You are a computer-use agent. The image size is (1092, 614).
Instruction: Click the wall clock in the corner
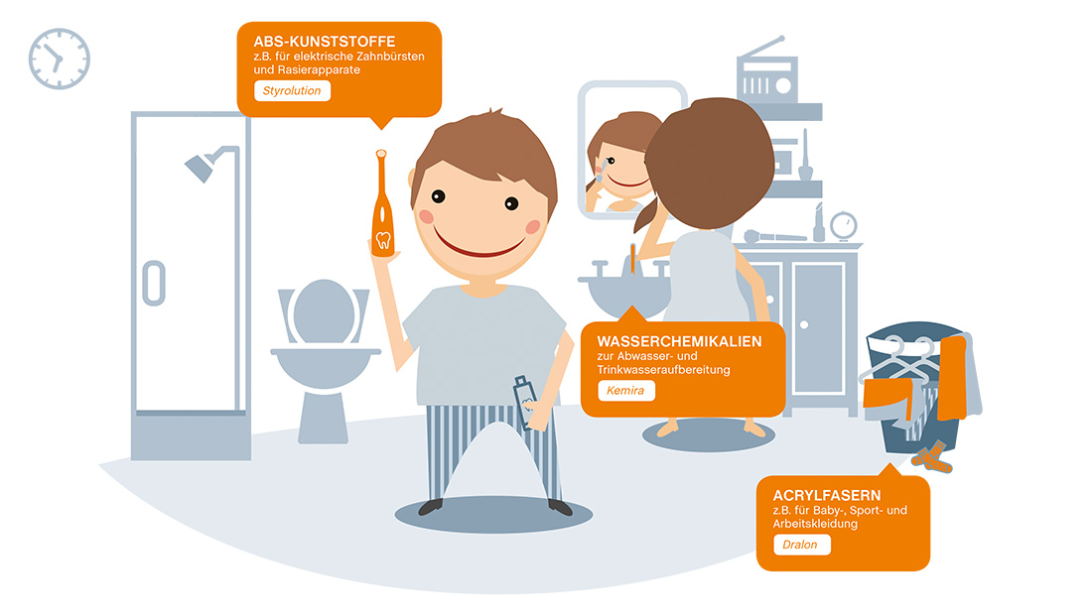pyautogui.click(x=60, y=59)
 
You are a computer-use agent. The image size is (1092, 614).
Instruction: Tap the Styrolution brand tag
pyautogui.click(x=292, y=90)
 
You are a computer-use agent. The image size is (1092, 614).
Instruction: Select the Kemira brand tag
pyautogui.click(x=625, y=391)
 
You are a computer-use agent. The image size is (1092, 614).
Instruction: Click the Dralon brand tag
pyautogui.click(x=801, y=545)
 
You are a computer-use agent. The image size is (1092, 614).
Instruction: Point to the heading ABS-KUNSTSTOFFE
pyautogui.click(x=324, y=42)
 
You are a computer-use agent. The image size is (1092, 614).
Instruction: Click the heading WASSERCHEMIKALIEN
pyautogui.click(x=679, y=342)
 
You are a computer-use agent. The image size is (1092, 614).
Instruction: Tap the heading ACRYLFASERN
pyautogui.click(x=827, y=496)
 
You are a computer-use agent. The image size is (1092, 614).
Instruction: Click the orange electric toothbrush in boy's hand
pyautogui.click(x=382, y=204)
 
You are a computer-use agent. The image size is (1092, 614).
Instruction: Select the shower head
pyautogui.click(x=201, y=167)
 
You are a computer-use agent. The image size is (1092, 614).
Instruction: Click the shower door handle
pyautogui.click(x=154, y=284)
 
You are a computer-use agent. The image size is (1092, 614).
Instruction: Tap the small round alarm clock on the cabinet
pyautogui.click(x=844, y=225)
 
